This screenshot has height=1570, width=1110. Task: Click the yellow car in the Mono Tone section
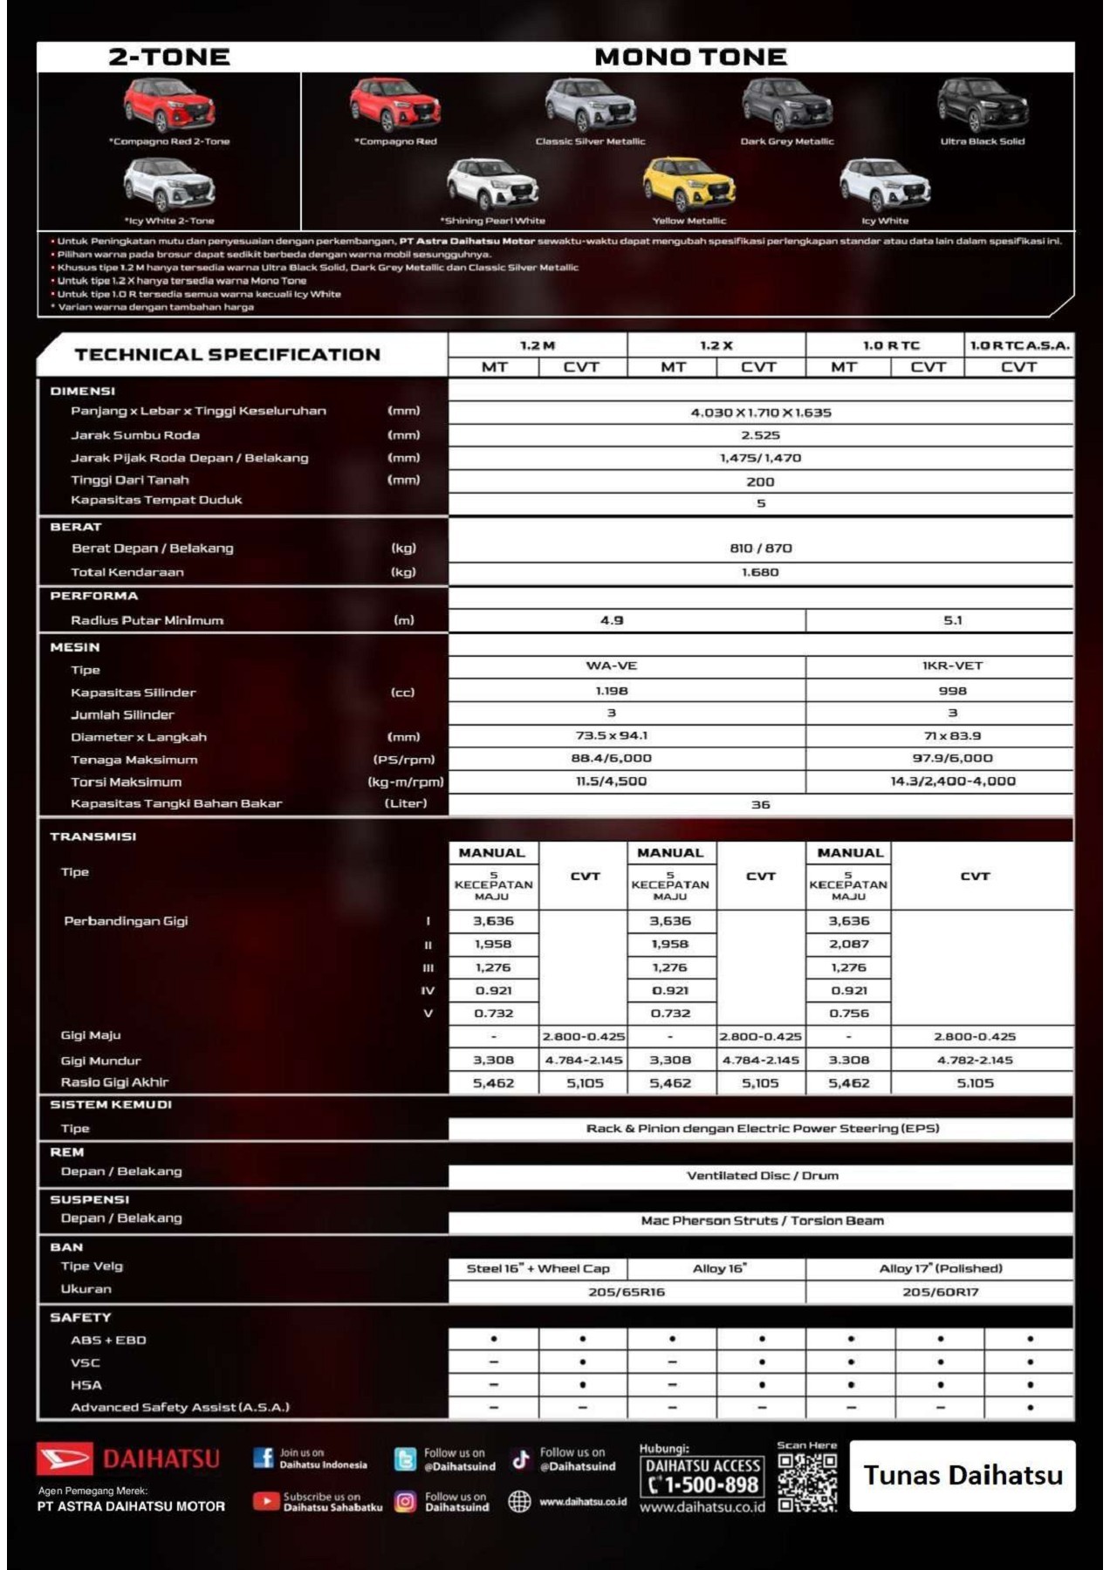(689, 184)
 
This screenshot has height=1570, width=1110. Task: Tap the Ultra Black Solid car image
(982, 106)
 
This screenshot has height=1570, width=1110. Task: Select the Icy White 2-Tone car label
(169, 221)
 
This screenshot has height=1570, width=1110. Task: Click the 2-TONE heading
(169, 58)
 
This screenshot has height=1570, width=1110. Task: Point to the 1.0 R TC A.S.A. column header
(1019, 345)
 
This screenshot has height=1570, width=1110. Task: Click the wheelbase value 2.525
(760, 435)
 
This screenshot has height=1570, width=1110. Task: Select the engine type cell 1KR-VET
(952, 666)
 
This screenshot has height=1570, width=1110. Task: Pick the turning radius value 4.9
(612, 620)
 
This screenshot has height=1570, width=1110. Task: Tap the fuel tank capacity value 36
(760, 804)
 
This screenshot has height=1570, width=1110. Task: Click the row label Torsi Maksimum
(127, 782)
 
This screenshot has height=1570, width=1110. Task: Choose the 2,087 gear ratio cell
(848, 944)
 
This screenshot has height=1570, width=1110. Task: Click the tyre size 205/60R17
(940, 1292)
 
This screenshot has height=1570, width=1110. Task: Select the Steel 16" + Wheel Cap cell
(538, 1268)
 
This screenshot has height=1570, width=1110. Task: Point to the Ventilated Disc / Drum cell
(762, 1176)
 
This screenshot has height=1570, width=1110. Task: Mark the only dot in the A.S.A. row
(1030, 1407)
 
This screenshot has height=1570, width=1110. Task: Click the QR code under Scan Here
(807, 1482)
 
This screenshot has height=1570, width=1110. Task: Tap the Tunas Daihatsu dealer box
(963, 1476)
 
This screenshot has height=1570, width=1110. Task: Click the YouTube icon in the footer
(264, 1501)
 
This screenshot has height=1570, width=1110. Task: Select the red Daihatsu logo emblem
(64, 1458)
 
